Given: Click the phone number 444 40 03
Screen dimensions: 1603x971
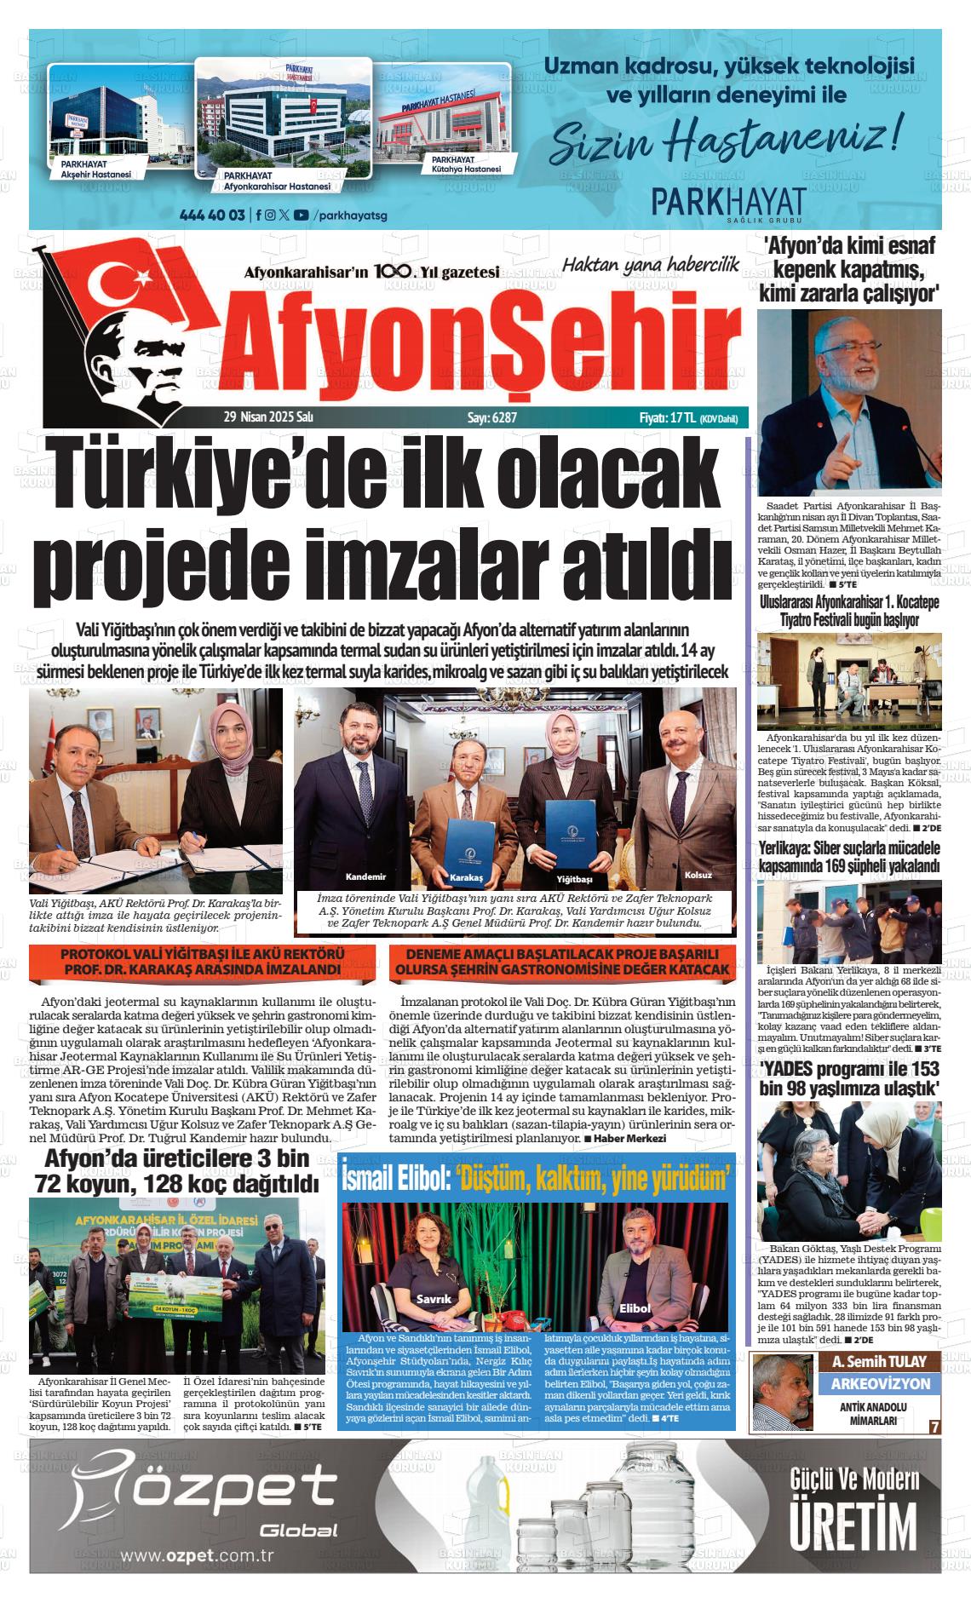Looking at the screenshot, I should [x=213, y=215].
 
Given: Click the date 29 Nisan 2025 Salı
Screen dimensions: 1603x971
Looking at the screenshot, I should [x=268, y=418].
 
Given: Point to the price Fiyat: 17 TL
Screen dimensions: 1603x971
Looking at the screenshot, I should [x=668, y=418].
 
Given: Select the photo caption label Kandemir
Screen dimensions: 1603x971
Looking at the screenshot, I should [x=365, y=877].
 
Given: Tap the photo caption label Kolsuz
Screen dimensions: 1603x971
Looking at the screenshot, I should [x=698, y=876].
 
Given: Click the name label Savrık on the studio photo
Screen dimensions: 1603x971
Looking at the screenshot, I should [x=434, y=1298].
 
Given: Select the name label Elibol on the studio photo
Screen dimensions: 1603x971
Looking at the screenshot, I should [x=635, y=1307].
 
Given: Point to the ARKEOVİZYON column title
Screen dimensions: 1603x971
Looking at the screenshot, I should [x=880, y=1384].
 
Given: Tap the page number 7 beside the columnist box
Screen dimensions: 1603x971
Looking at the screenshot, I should [x=934, y=1427].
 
